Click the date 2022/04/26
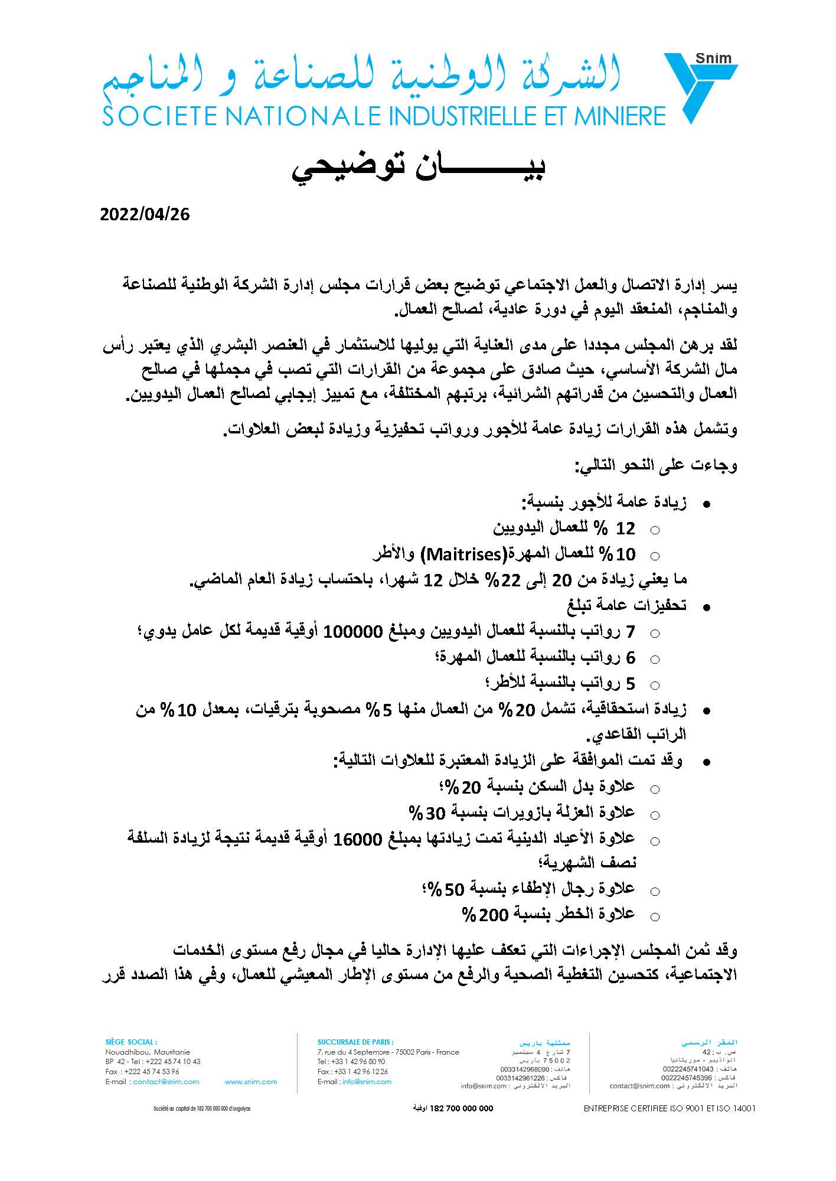[x=145, y=214]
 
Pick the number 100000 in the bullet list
[x=353, y=632]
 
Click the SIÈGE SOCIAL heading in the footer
[x=130, y=1042]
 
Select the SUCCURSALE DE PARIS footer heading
[x=355, y=1042]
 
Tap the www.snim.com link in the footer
[x=251, y=1082]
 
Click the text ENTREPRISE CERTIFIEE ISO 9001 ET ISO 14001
[x=670, y=1108]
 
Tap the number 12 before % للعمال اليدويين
[x=626, y=528]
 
